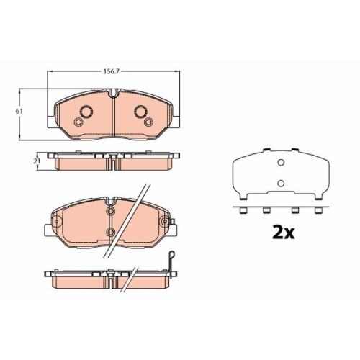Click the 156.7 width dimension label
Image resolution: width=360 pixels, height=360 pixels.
pos(112,71)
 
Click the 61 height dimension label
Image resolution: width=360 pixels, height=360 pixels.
pos(19,112)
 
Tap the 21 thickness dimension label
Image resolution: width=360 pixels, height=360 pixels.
pos(37,161)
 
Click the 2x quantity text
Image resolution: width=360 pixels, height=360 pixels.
pos(283,233)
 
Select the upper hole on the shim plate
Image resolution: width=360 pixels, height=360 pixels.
pos(281,163)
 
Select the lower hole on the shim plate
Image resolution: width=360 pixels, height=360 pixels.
pos(281,184)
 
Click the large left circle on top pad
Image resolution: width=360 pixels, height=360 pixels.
pos(86,112)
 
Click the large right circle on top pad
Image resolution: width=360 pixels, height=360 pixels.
pos(141,112)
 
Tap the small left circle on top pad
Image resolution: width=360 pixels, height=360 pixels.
pos(78,122)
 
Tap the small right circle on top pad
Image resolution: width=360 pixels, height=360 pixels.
pos(148,122)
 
